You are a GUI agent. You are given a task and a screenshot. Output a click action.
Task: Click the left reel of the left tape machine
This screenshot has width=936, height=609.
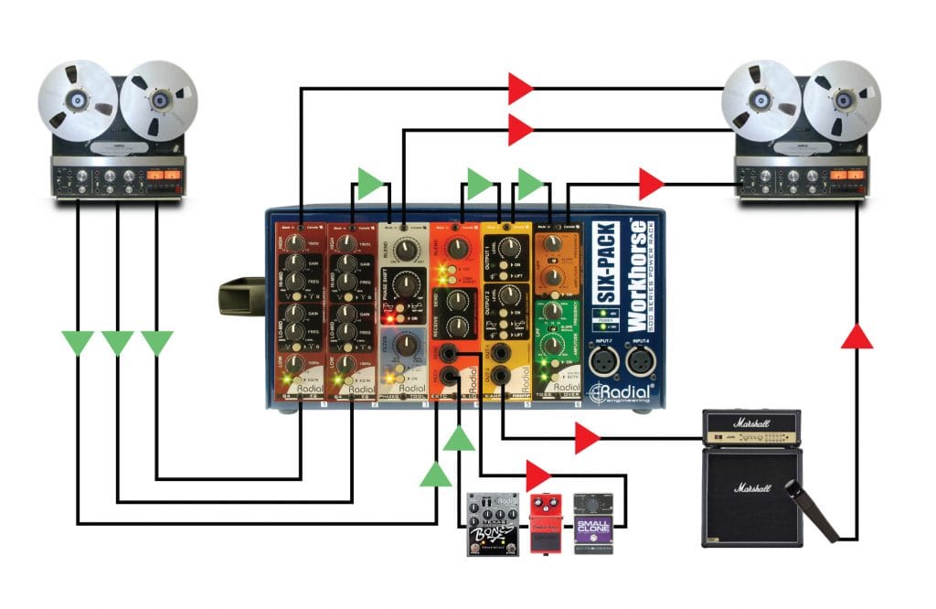point(78,100)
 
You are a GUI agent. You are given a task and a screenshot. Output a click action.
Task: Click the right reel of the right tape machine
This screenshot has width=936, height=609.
point(842,99)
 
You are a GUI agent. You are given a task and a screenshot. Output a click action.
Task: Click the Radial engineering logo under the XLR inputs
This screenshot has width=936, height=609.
point(622,392)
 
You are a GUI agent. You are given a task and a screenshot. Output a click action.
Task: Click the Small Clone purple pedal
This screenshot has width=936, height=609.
point(592,523)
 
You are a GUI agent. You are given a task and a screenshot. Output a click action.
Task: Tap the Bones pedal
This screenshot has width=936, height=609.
point(493,524)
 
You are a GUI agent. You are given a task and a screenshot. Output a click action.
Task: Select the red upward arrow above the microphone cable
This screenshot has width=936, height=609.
point(856,336)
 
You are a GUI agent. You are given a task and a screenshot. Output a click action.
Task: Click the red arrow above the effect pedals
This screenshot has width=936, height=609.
point(539,475)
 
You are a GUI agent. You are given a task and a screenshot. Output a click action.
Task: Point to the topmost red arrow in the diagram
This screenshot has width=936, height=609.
point(520,89)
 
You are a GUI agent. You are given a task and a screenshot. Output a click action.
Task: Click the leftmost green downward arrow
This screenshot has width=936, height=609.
point(78,344)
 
